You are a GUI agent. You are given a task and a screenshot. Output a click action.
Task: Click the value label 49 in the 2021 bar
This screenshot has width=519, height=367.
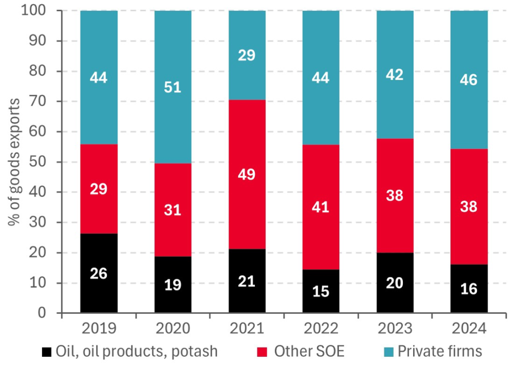pyautogui.click(x=247, y=175)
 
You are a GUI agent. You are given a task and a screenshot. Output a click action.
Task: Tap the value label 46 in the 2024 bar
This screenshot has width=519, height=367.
pyautogui.click(x=469, y=80)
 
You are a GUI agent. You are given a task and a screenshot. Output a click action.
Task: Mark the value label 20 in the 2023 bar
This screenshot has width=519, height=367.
pyautogui.click(x=395, y=283)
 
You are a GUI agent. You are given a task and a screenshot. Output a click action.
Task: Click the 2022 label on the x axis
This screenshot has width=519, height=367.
pyautogui.click(x=321, y=328)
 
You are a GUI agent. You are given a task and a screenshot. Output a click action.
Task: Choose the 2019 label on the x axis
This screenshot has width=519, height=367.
pyautogui.click(x=99, y=328)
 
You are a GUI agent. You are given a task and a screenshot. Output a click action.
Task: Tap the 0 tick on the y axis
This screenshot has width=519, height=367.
pyautogui.click(x=49, y=313)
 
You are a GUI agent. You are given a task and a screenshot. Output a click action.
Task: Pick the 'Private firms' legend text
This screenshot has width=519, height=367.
pyautogui.click(x=439, y=351)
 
